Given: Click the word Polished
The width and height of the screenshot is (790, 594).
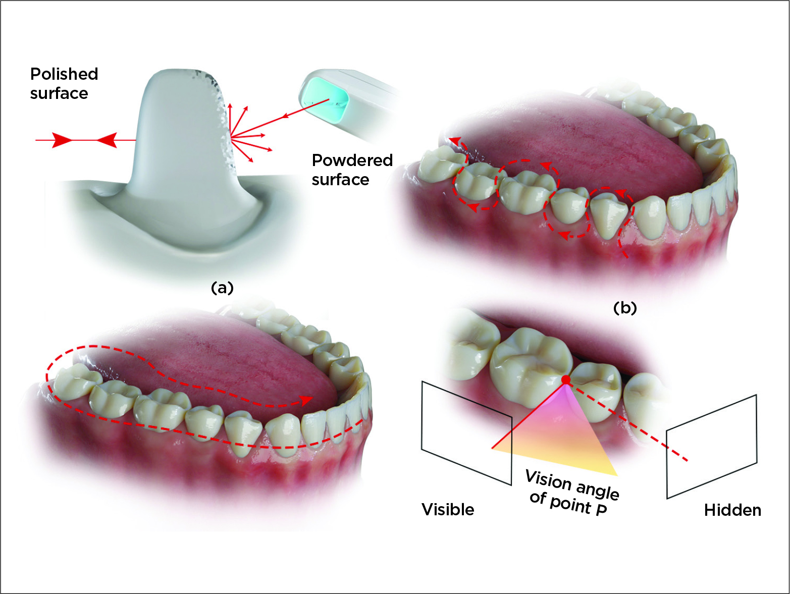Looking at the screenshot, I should click(64, 74).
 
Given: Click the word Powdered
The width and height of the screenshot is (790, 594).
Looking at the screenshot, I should click(352, 160).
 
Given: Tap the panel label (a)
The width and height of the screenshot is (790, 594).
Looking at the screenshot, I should click(222, 288).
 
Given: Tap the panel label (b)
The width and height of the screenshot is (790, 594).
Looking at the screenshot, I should click(625, 307).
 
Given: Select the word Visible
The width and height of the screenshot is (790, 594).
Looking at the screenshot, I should click(448, 510).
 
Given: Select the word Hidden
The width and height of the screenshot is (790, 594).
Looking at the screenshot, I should click(732, 510).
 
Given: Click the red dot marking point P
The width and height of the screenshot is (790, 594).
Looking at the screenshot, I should click(566, 380).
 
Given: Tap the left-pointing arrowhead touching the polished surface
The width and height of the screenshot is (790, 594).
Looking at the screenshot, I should click(107, 140).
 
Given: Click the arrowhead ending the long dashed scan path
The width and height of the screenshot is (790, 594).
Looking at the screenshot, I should click(305, 400).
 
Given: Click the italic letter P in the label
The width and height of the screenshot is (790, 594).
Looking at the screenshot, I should click(601, 510).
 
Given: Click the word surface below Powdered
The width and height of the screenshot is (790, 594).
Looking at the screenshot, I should click(340, 180).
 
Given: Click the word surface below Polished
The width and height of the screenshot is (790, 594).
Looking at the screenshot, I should click(59, 94).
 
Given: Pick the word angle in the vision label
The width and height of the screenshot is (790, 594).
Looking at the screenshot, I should click(598, 490).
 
